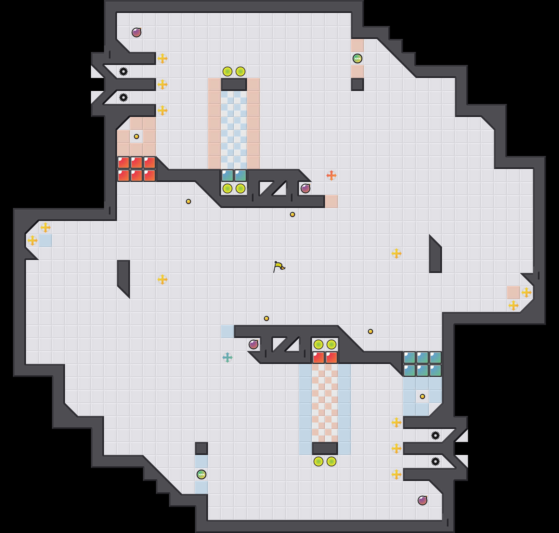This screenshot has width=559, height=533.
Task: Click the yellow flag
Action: coord(279,266)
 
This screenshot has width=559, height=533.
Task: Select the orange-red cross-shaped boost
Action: coord(331,175)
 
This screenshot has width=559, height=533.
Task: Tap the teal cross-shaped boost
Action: coord(227,357)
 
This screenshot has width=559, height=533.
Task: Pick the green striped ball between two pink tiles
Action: coord(357,58)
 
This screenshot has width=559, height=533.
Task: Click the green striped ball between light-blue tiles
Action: coord(201,474)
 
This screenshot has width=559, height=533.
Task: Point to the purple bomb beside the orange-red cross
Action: coord(305,188)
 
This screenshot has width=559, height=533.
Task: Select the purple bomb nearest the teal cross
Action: coord(253,344)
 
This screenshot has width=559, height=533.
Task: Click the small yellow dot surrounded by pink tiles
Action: coord(136,136)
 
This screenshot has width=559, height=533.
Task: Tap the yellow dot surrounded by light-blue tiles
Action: coord(422,396)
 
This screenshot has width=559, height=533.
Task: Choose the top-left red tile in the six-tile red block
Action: coord(123,162)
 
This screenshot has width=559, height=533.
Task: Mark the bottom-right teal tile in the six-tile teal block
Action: coord(435,370)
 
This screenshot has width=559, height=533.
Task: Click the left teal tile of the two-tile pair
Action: coord(227,175)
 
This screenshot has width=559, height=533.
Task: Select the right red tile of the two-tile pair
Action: coord(331,357)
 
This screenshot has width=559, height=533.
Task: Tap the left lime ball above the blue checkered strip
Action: coord(227,71)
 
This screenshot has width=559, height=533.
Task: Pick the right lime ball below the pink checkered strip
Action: coord(331,461)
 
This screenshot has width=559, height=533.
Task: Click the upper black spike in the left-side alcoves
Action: coord(123,71)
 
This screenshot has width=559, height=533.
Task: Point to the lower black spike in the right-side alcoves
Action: coord(435,461)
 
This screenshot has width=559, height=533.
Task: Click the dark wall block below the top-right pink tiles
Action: coord(357,84)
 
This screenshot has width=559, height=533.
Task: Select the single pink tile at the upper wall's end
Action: coord(331,201)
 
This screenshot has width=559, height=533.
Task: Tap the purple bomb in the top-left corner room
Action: coord(136,32)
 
